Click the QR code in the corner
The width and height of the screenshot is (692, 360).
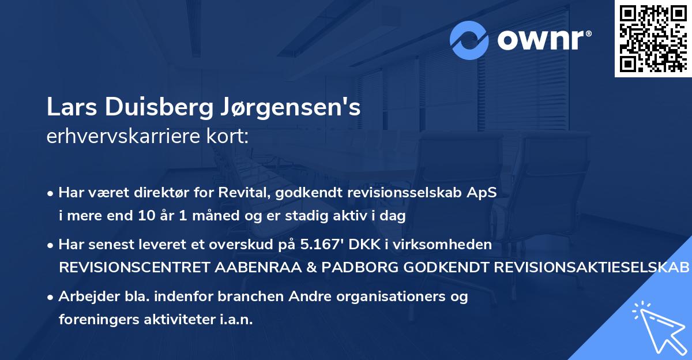(653, 39)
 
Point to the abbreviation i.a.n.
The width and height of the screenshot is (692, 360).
(235, 319)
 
